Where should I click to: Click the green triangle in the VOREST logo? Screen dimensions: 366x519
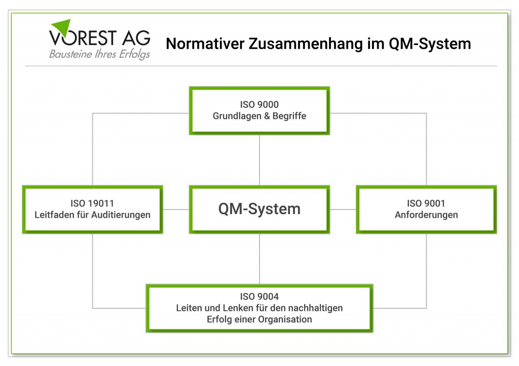point(62,27)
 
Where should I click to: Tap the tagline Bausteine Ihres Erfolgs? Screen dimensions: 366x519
point(99,54)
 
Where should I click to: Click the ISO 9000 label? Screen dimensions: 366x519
point(259,105)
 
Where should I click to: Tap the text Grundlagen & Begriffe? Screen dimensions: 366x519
point(259,116)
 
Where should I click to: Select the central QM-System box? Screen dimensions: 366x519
point(259,209)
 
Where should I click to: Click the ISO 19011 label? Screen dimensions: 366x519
point(92,204)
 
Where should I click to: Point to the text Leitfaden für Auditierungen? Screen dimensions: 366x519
point(92,215)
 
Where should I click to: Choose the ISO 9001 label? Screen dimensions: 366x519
point(426,204)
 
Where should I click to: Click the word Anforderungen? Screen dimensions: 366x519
point(426,215)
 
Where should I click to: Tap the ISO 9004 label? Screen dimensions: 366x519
point(259,297)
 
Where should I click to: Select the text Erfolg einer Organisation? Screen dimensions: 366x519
point(259,319)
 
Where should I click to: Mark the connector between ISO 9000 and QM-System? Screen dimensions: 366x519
point(259,160)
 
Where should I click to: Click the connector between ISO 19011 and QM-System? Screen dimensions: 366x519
point(176,209)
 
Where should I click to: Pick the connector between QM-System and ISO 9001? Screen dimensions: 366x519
point(343,209)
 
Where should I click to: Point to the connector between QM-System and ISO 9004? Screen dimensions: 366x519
point(259,259)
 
